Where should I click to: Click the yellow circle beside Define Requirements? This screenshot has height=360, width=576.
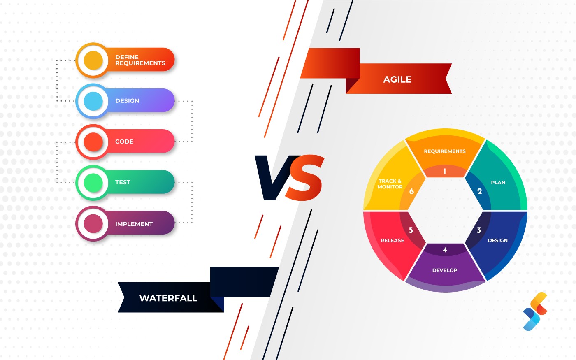[93, 60]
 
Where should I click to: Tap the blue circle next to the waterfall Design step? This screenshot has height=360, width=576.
[93, 101]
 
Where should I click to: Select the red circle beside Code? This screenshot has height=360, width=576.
[93, 142]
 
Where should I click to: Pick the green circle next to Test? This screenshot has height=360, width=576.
[93, 182]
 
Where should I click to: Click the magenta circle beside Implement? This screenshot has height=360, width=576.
[93, 223]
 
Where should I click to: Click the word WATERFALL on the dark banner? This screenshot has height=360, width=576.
[168, 298]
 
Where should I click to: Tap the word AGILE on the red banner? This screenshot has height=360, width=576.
[397, 79]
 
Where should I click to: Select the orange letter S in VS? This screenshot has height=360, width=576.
[304, 178]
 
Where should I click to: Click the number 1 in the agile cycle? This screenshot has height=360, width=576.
[444, 171]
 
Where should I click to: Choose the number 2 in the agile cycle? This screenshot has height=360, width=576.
[479, 191]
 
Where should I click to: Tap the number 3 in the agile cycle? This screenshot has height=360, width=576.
[478, 230]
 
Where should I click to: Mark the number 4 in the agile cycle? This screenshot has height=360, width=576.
[444, 250]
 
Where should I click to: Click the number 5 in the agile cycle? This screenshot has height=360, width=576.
[411, 230]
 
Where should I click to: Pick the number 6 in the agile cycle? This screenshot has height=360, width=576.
[411, 191]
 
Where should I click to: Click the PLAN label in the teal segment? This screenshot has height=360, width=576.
[498, 182]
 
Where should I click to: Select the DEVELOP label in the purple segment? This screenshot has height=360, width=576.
[444, 270]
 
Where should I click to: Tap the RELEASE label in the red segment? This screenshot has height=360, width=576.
[392, 240]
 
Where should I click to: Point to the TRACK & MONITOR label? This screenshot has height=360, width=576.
[390, 184]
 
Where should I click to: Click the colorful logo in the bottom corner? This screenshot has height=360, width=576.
[535, 311]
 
